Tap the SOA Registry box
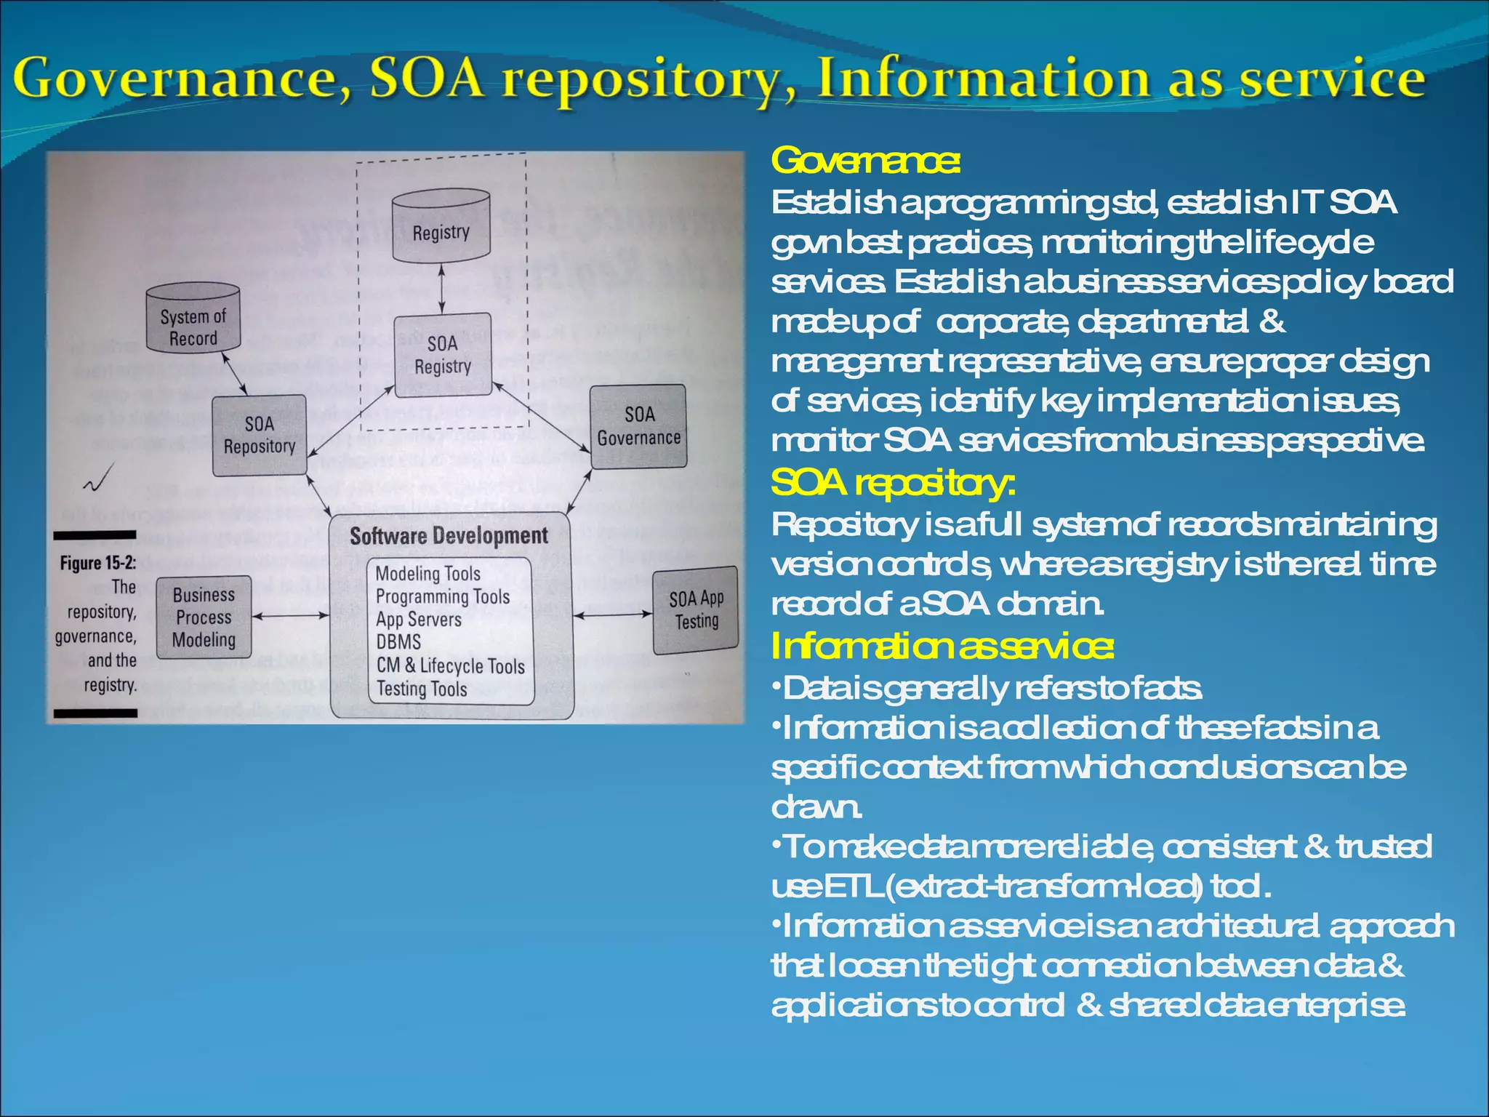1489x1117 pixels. tap(442, 355)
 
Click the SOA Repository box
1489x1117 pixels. tap(260, 435)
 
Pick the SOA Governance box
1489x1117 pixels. tap(638, 426)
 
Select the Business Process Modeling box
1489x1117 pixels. tap(204, 617)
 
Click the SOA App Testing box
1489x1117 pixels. tap(696, 610)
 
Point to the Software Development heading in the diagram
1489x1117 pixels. tap(449, 537)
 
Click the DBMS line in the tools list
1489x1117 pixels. tap(398, 642)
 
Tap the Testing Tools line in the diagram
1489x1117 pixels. tap(422, 688)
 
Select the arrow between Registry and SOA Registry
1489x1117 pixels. tap(442, 289)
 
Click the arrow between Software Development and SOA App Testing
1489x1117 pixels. tap(612, 615)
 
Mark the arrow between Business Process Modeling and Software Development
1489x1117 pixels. tap(291, 616)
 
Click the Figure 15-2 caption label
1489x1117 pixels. tap(97, 564)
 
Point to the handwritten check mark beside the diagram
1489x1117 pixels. tap(99, 479)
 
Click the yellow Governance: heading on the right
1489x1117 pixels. tap(865, 161)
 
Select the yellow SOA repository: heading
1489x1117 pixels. tap(892, 483)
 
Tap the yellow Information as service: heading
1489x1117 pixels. tap(942, 646)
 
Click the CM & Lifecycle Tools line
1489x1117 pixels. tap(450, 665)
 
